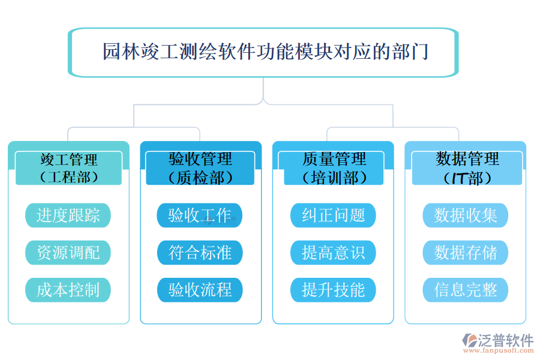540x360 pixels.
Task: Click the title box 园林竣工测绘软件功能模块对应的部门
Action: click(x=264, y=52)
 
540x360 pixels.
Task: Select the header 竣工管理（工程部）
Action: click(x=68, y=168)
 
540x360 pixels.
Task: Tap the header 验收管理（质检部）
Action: click(x=200, y=168)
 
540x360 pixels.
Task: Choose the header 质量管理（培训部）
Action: click(x=334, y=168)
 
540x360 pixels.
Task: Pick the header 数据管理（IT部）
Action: click(x=466, y=168)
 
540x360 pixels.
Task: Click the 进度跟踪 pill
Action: click(x=68, y=215)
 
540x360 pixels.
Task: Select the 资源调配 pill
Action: click(x=68, y=253)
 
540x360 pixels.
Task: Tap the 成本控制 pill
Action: click(x=68, y=290)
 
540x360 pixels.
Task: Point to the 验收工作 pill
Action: click(x=200, y=215)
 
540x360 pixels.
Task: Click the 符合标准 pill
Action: click(x=200, y=253)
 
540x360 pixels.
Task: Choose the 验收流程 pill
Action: click(x=200, y=290)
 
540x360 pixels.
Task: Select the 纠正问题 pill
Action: click(x=333, y=215)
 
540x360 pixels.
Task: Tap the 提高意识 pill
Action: click(x=333, y=253)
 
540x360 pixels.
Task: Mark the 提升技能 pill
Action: click(x=333, y=290)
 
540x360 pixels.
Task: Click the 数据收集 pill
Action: click(x=466, y=215)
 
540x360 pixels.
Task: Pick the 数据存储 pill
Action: click(x=466, y=253)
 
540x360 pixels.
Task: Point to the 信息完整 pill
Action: click(x=466, y=290)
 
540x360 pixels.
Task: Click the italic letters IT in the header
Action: click(x=459, y=178)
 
